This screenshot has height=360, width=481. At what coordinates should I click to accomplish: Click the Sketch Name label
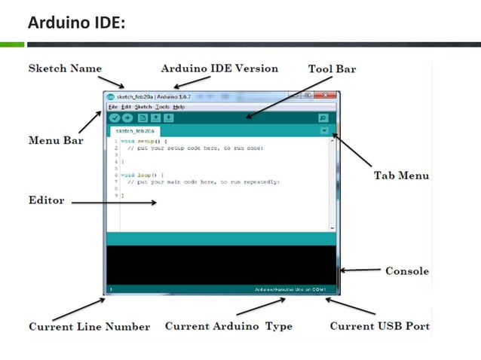[65, 69]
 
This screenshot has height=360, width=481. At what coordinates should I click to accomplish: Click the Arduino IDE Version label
[219, 69]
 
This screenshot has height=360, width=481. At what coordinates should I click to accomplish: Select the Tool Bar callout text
[332, 69]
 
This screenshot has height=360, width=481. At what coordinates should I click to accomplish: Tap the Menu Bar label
[55, 140]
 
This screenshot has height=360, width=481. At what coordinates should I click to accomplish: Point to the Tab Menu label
[401, 175]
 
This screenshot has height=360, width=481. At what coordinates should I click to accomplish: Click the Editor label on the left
[46, 201]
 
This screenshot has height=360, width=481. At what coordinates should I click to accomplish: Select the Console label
[407, 271]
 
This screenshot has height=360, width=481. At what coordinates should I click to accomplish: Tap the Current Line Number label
[89, 327]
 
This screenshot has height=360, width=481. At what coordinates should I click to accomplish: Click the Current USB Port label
[380, 326]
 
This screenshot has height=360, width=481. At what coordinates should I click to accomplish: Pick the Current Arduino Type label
[228, 326]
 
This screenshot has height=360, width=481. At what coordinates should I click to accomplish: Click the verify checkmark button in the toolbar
[114, 118]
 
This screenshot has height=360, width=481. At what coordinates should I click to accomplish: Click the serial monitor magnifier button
[323, 118]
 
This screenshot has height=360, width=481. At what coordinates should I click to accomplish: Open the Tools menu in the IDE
[162, 107]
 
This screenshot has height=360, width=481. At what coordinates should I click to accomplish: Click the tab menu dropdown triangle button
[323, 130]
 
